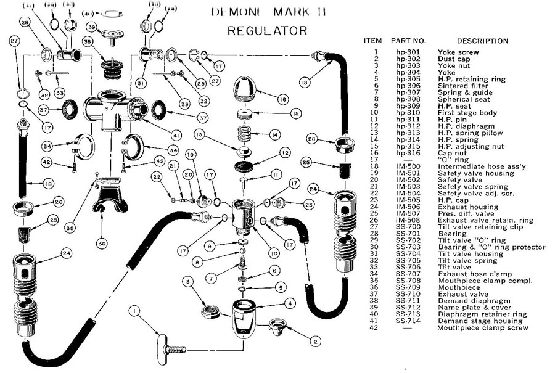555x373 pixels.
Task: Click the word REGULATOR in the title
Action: (x=267, y=30)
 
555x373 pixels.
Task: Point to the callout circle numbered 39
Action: (x=91, y=27)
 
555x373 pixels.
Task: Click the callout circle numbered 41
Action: (x=178, y=134)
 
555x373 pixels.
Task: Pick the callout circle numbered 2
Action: (x=315, y=339)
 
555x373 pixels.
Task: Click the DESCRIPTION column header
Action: (x=473, y=41)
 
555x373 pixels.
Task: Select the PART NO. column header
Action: (x=408, y=41)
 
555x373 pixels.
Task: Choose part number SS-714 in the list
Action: (x=408, y=321)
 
